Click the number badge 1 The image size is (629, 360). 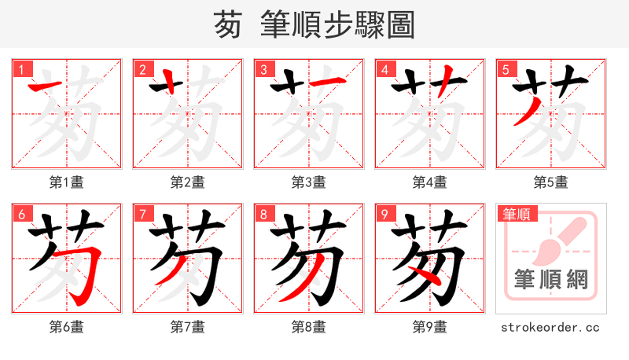click(x=21, y=70)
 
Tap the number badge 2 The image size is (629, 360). click(x=142, y=70)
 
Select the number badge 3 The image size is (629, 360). click(x=263, y=70)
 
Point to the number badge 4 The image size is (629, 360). click(x=384, y=70)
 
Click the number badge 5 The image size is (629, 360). click(x=506, y=70)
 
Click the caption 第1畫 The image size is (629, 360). click(x=66, y=182)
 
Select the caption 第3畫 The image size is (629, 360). click(x=308, y=182)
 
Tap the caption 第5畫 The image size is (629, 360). click(x=550, y=182)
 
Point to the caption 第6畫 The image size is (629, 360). click(x=66, y=327)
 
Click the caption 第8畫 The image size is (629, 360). click(x=308, y=327)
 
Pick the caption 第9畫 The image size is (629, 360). click(x=429, y=327)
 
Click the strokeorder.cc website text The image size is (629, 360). click(x=550, y=327)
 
